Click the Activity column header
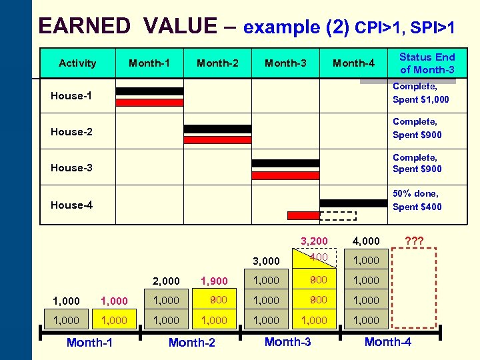tap(77, 63)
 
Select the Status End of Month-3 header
tap(427, 63)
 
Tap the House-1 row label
tap(71, 96)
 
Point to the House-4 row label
tap(71, 205)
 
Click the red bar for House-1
tap(149, 103)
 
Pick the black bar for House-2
tap(217, 129)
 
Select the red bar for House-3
tap(286, 175)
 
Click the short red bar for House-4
tap(303, 215)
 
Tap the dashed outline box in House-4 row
tap(338, 215)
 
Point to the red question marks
tap(415, 241)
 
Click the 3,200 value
tap(314, 241)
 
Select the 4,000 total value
tap(367, 241)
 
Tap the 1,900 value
tap(214, 281)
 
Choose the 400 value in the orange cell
tap(318, 257)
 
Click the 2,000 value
tap(167, 281)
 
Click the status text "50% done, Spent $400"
tap(417, 200)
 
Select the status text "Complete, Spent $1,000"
tap(421, 93)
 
